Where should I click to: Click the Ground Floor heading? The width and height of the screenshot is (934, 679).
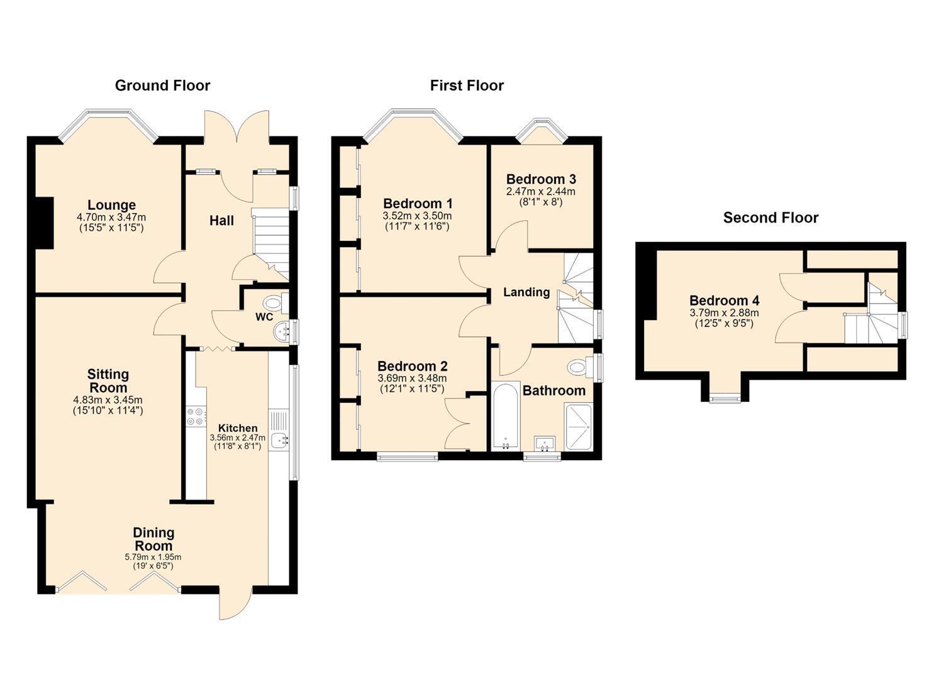163,86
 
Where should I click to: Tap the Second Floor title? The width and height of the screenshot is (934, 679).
770,218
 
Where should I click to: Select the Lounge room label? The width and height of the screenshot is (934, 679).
111,205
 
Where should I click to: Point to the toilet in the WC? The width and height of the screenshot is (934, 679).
276,302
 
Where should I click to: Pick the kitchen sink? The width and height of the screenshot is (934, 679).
279,441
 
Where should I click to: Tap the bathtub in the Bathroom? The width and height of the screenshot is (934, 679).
506,416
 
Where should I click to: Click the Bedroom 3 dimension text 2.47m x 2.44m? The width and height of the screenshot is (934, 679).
541,192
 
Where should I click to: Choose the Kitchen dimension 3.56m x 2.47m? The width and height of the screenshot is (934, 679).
237,438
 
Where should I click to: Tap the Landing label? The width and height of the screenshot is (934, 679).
526,292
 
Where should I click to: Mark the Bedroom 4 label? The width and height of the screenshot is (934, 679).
725,300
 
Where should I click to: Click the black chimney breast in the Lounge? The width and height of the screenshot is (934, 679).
44,223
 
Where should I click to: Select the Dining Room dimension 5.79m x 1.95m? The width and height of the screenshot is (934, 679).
153,557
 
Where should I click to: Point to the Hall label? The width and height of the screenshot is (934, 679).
221,221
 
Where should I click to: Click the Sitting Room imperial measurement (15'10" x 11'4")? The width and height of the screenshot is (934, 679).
108,410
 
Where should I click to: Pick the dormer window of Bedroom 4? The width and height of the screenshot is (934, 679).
726,400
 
